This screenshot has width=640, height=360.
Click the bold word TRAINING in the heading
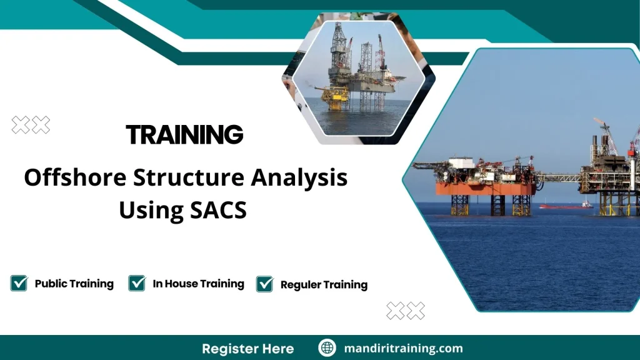(x=184, y=134)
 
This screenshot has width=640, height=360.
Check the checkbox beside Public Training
(x=19, y=283)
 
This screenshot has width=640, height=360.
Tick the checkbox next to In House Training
(x=137, y=283)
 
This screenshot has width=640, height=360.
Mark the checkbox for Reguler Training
(x=265, y=284)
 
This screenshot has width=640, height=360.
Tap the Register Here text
(x=248, y=348)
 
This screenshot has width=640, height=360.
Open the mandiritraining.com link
(x=403, y=348)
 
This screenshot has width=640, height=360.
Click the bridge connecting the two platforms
(x=557, y=178)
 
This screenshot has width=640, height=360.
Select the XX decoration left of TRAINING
(x=31, y=125)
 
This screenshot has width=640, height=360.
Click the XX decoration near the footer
(x=406, y=311)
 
